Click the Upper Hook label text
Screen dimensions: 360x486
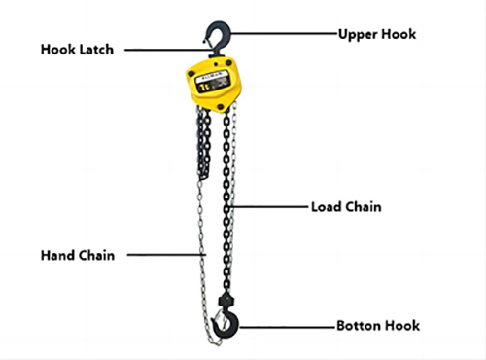point(377,34)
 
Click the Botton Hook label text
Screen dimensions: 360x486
point(378,325)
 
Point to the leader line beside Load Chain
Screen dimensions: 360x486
point(272,207)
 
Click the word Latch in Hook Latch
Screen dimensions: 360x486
point(98,48)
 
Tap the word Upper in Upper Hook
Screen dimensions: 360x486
point(358,34)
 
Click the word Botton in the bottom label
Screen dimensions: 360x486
point(360,325)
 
